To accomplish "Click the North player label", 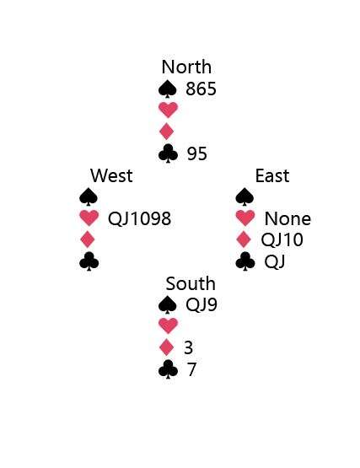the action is [186, 67].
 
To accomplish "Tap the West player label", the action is [111, 175].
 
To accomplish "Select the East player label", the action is [272, 175].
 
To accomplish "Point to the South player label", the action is [191, 283].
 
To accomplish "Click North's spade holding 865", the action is [201, 89].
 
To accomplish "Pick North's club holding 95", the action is [197, 153].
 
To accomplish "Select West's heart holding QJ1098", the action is [139, 218].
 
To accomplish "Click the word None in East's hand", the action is [287, 218].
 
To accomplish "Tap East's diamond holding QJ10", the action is [282, 239].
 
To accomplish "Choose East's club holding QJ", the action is [275, 261].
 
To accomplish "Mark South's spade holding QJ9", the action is [201, 304].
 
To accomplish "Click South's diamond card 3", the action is [188, 347].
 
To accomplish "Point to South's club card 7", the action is [191, 369].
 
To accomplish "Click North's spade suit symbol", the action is [168, 89].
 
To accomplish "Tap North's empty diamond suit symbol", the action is [167, 132].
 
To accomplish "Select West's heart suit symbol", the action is [89, 218].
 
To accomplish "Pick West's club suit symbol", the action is [89, 261].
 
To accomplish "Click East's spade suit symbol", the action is [244, 196].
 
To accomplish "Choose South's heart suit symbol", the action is [168, 325].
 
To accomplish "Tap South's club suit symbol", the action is [168, 369].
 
